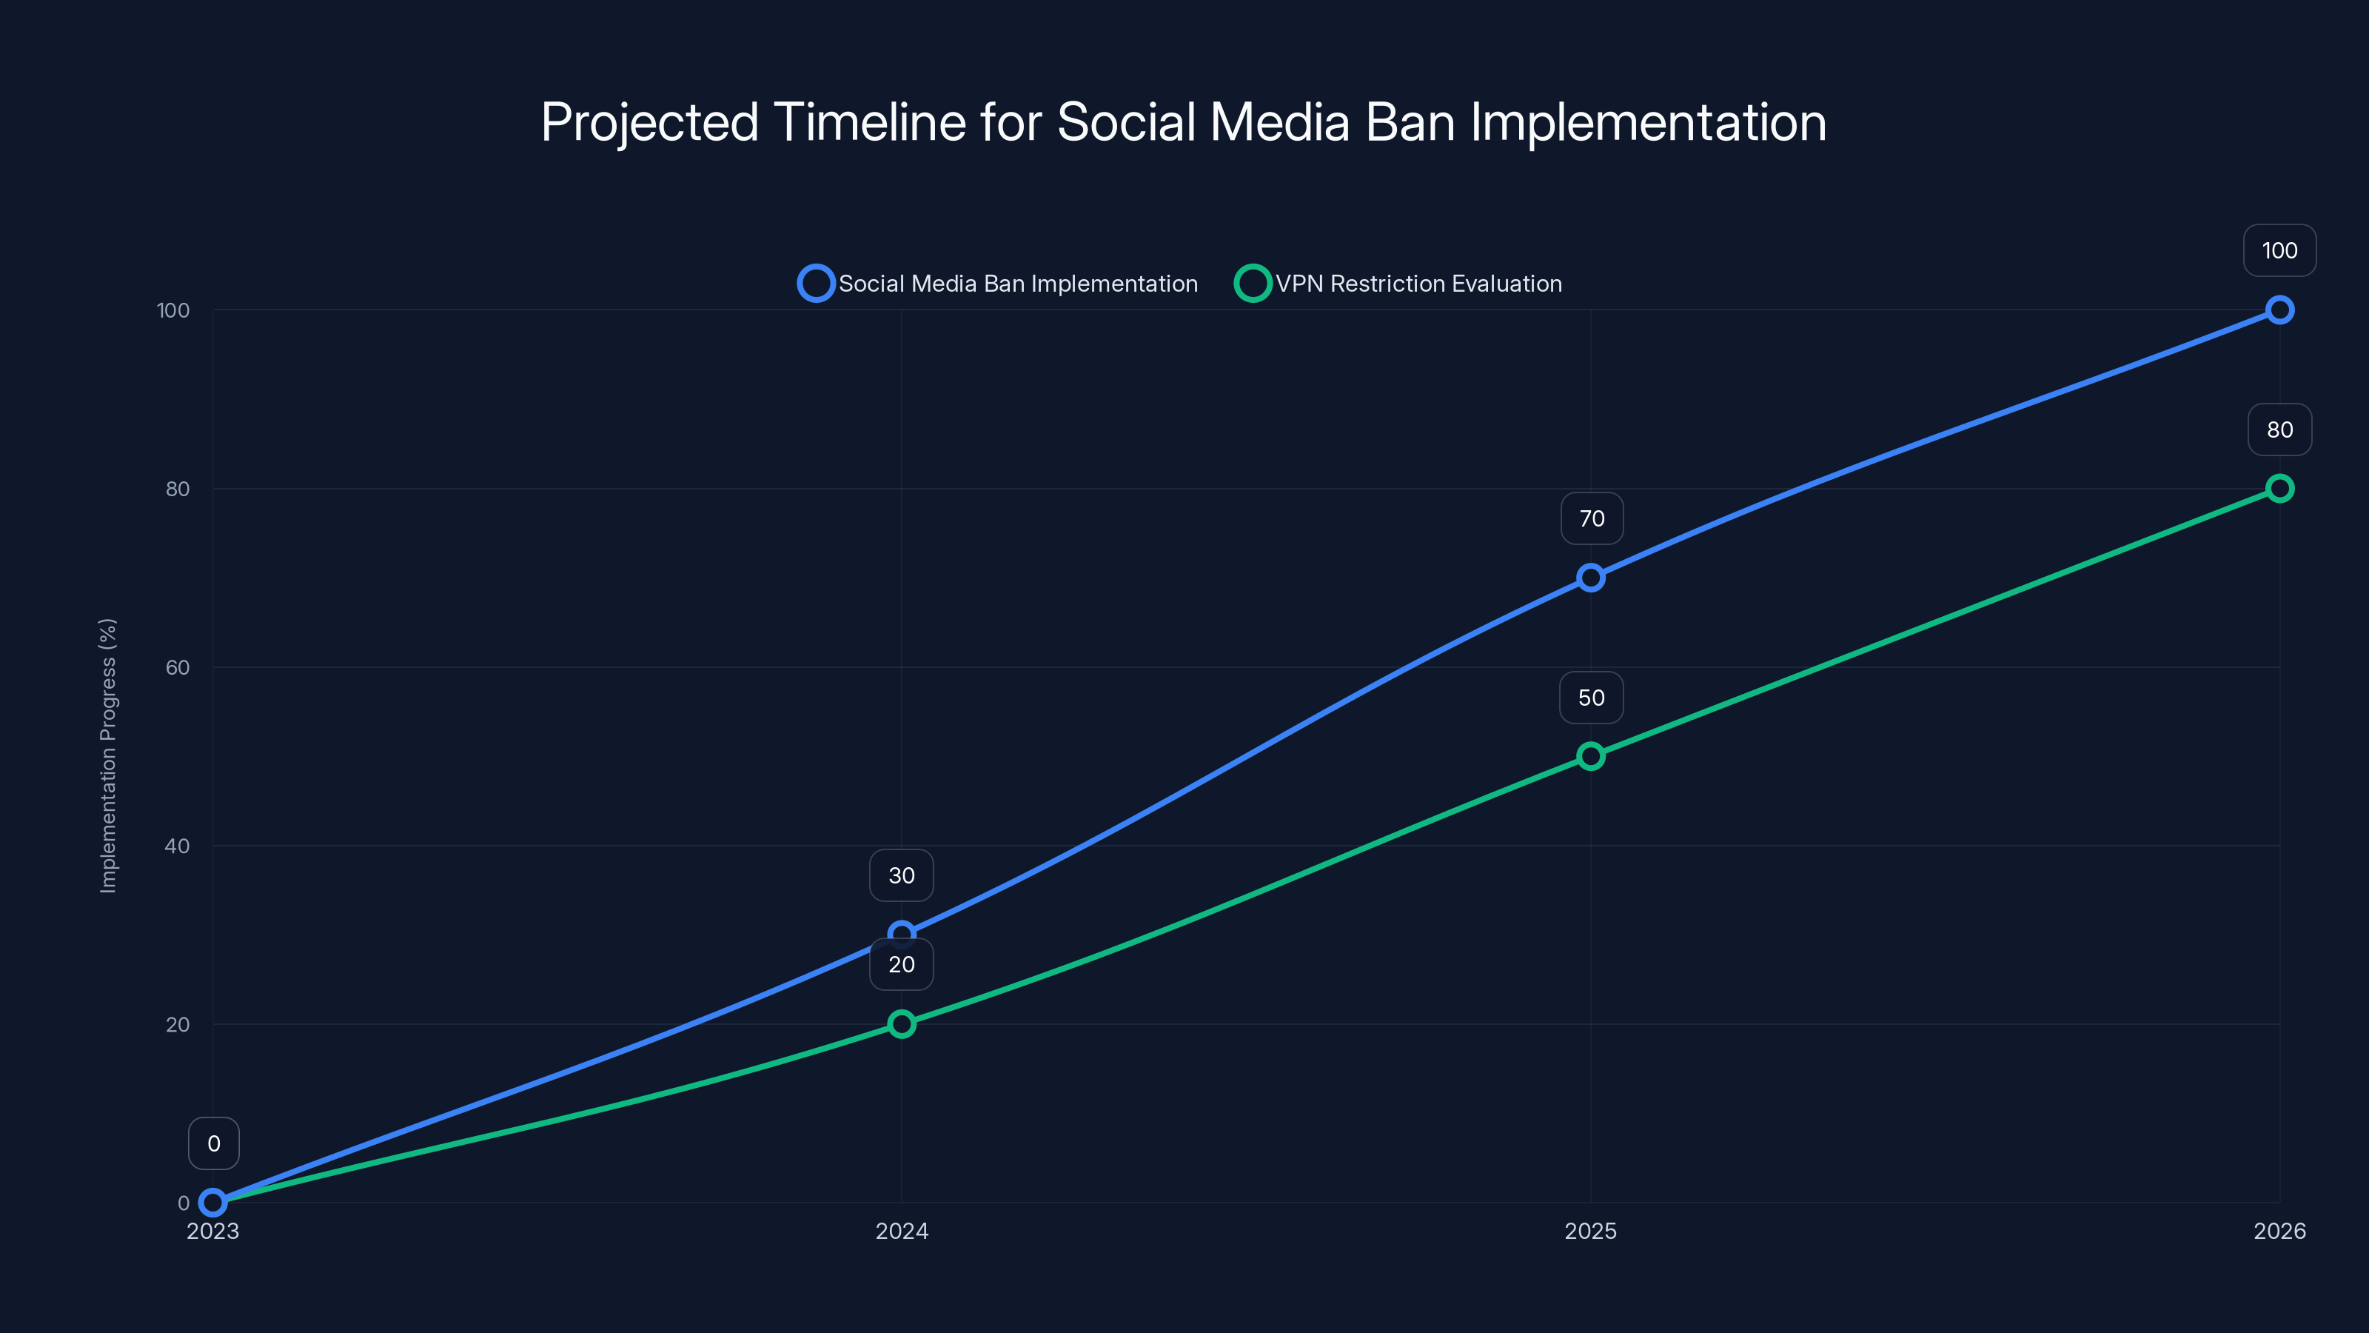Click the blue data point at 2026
pos(2279,310)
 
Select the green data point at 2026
pos(2279,489)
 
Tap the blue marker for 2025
pos(1590,578)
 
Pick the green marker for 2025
pos(1590,756)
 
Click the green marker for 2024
pos(901,1024)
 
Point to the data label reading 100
pos(2279,250)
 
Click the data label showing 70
pos(1591,519)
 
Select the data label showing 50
pos(1591,698)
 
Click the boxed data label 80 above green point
pos(2279,430)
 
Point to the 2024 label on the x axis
pos(901,1231)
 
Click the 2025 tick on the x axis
pos(1590,1231)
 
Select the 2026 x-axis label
pos(2279,1231)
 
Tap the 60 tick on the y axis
pos(178,667)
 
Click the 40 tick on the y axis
pos(178,846)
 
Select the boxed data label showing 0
pos(213,1143)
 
